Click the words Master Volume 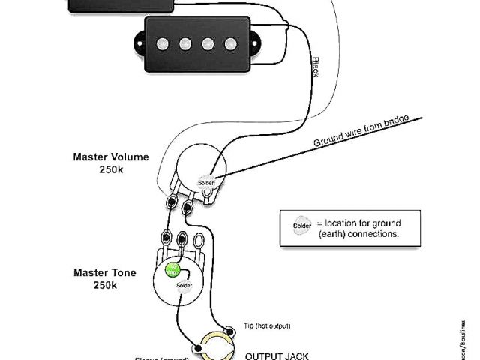[x=110, y=157]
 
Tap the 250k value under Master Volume [x=110, y=169]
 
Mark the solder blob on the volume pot [x=205, y=182]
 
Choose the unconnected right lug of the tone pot [x=200, y=241]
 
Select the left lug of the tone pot [x=162, y=241]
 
